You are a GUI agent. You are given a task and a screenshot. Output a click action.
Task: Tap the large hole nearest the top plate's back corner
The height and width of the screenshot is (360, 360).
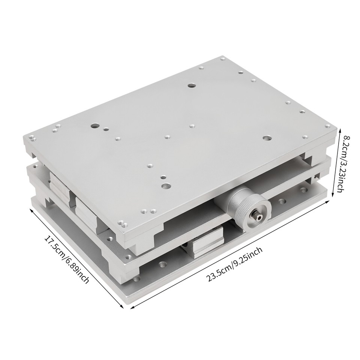pos(192,85)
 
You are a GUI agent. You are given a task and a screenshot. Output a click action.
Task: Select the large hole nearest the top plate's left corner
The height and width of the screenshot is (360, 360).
pos(93,126)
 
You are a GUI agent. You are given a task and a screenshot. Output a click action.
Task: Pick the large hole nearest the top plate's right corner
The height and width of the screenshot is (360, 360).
pos(267,138)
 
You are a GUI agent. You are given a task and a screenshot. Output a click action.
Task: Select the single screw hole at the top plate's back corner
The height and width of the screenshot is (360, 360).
pos(223,59)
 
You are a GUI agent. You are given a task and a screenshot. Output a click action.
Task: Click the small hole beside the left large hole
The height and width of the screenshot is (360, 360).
pos(106,129)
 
